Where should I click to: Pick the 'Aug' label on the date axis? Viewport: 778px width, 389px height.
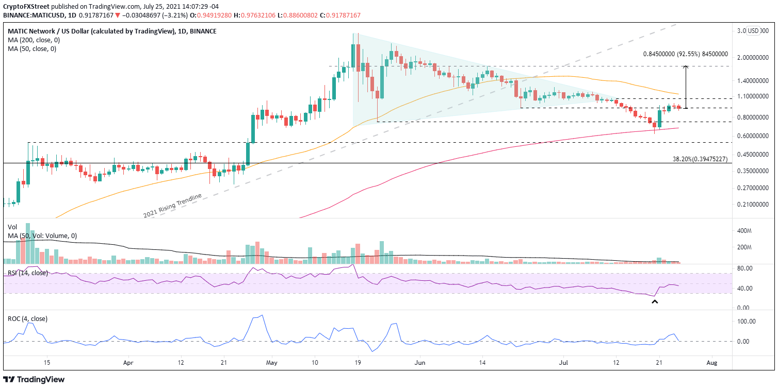click(711, 362)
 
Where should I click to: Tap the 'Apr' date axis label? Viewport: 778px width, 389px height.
click(129, 362)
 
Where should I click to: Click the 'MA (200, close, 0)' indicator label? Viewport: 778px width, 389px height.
click(33, 40)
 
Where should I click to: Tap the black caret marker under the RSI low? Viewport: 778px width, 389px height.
click(655, 302)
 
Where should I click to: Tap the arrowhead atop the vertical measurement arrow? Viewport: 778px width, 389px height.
click(686, 67)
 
